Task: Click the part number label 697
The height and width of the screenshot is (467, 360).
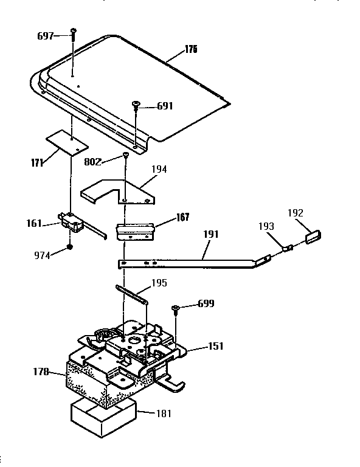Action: [46, 36]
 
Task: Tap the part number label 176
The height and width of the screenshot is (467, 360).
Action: [191, 49]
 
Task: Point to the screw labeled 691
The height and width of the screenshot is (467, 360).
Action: [137, 106]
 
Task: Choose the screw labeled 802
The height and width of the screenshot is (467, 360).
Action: [125, 156]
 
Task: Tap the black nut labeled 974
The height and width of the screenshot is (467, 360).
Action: [71, 247]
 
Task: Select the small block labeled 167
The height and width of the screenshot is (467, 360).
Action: [135, 230]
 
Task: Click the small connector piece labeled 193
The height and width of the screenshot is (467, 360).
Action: [288, 247]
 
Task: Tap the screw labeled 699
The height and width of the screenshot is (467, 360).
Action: [175, 308]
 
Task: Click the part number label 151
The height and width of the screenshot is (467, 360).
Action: [215, 346]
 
